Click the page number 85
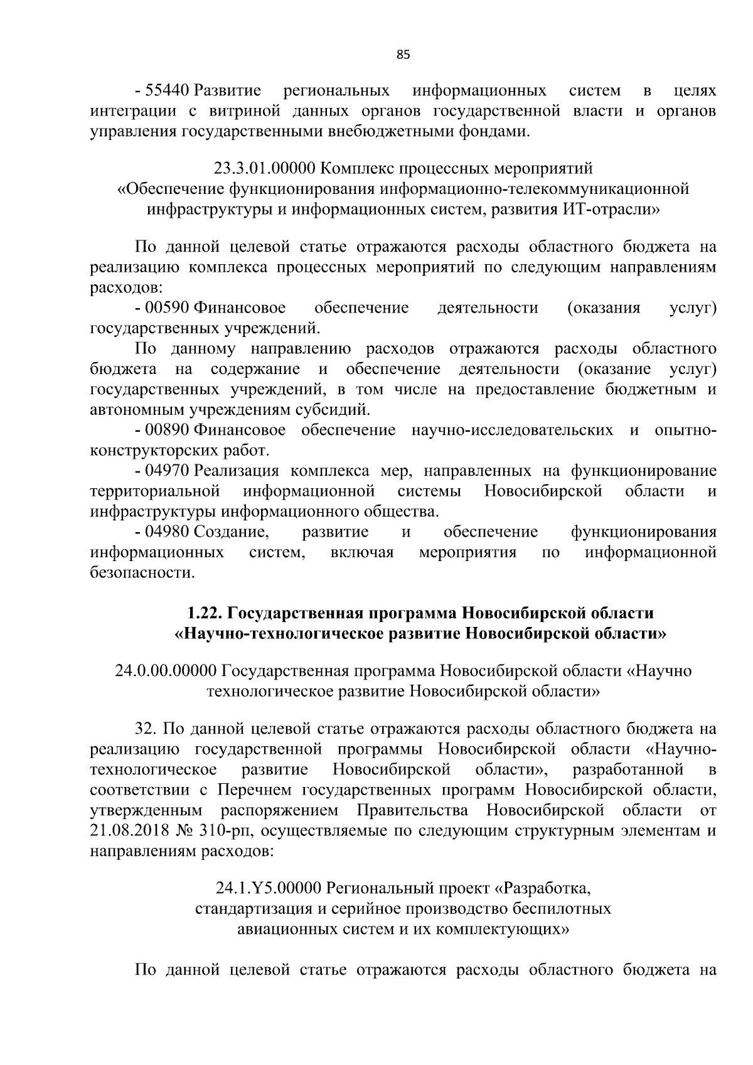click(x=403, y=55)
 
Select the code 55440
click(x=168, y=91)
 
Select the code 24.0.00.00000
click(x=166, y=671)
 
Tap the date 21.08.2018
click(x=129, y=832)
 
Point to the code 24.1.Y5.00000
click(x=269, y=888)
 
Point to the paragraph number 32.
click(x=146, y=729)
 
